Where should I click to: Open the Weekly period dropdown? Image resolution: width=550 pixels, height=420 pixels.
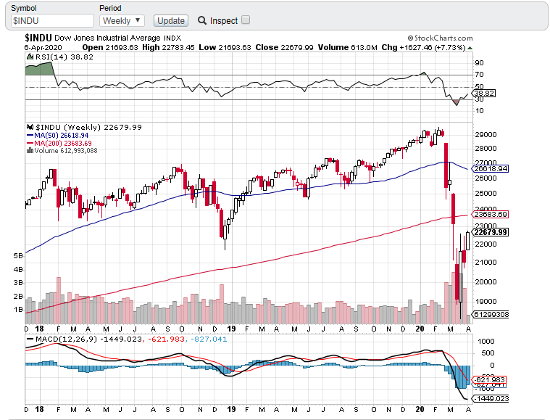pyautogui.click(x=122, y=21)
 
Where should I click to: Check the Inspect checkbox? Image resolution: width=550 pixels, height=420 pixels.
pyautogui.click(x=246, y=20)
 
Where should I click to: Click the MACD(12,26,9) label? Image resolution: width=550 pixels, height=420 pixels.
pyautogui.click(x=67, y=339)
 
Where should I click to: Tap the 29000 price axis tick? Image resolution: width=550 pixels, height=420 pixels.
pyautogui.click(x=484, y=135)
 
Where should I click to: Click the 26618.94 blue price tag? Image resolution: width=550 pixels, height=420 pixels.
pyautogui.click(x=490, y=168)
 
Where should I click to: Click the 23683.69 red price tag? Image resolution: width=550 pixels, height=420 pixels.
pyautogui.click(x=490, y=214)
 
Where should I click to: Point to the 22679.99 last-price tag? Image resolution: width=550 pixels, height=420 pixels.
pyautogui.click(x=490, y=232)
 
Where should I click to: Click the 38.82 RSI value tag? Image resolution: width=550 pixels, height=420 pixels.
pyautogui.click(x=483, y=94)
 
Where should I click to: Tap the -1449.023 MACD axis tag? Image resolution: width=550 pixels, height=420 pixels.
pyautogui.click(x=490, y=398)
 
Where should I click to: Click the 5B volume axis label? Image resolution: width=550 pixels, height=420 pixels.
pyautogui.click(x=18, y=256)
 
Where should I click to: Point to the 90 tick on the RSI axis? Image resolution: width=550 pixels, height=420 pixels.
pyautogui.click(x=479, y=64)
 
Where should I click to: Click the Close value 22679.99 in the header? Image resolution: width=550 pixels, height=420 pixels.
pyautogui.click(x=299, y=47)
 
